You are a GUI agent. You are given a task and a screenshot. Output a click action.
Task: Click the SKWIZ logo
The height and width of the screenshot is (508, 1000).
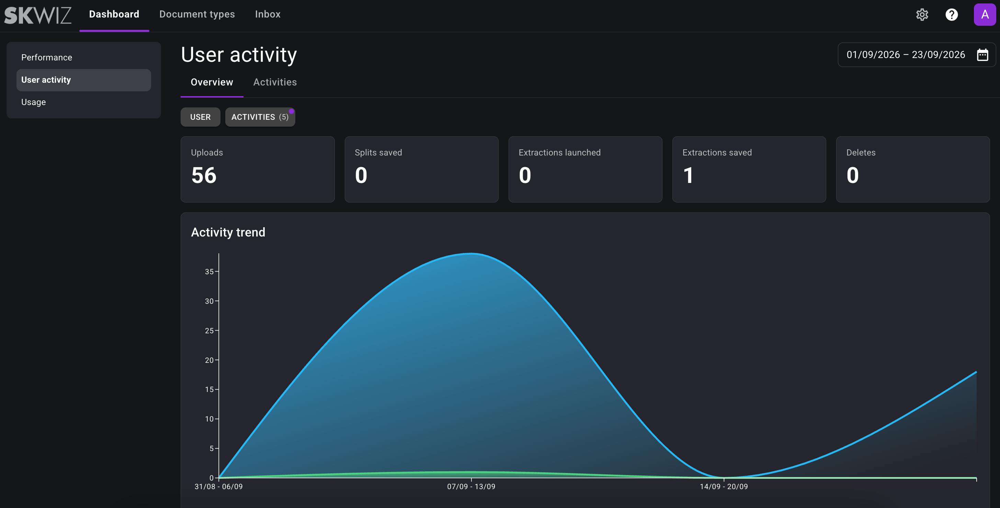pyautogui.click(x=38, y=15)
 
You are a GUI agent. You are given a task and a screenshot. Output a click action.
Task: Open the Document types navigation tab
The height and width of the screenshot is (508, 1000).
pyautogui.click(x=197, y=14)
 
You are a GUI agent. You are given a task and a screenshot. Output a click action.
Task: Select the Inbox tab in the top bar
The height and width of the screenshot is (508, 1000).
pyautogui.click(x=268, y=14)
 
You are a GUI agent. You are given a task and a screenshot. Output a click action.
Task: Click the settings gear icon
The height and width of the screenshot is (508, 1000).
pyautogui.click(x=922, y=15)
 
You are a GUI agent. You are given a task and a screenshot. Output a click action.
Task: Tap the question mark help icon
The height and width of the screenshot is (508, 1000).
pyautogui.click(x=952, y=15)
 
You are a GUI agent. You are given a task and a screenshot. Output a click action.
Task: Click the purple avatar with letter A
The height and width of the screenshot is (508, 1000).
pyautogui.click(x=985, y=15)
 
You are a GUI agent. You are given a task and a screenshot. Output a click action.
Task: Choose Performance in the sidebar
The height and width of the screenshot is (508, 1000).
pyautogui.click(x=47, y=57)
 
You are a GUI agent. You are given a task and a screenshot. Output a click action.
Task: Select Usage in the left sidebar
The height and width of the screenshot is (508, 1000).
pyautogui.click(x=33, y=102)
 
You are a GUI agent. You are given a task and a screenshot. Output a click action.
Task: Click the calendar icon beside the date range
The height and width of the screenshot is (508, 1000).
pyautogui.click(x=982, y=55)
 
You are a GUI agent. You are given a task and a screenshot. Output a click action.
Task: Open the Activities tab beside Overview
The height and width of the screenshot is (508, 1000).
pyautogui.click(x=275, y=82)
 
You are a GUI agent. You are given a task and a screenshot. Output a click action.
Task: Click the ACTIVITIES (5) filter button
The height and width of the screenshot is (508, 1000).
pyautogui.click(x=260, y=117)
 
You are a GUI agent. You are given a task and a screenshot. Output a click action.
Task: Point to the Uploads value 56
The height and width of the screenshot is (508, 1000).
pyautogui.click(x=204, y=175)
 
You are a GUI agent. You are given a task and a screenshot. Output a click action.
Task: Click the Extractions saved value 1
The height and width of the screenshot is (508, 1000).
pyautogui.click(x=688, y=175)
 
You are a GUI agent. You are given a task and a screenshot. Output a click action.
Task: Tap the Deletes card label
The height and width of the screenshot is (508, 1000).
pyautogui.click(x=861, y=152)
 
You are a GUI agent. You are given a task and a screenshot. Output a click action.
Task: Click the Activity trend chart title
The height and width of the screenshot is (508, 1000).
pyautogui.click(x=228, y=232)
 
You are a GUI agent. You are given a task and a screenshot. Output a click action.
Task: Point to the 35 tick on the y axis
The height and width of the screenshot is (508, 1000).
pyautogui.click(x=209, y=272)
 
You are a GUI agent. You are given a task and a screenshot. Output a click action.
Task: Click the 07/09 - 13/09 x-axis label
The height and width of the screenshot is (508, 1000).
pyautogui.click(x=471, y=486)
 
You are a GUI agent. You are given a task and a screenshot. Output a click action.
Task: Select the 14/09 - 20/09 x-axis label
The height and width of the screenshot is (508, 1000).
pyautogui.click(x=724, y=486)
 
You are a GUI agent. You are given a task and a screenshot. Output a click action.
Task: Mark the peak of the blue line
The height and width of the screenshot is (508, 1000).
pyautogui.click(x=471, y=253)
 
